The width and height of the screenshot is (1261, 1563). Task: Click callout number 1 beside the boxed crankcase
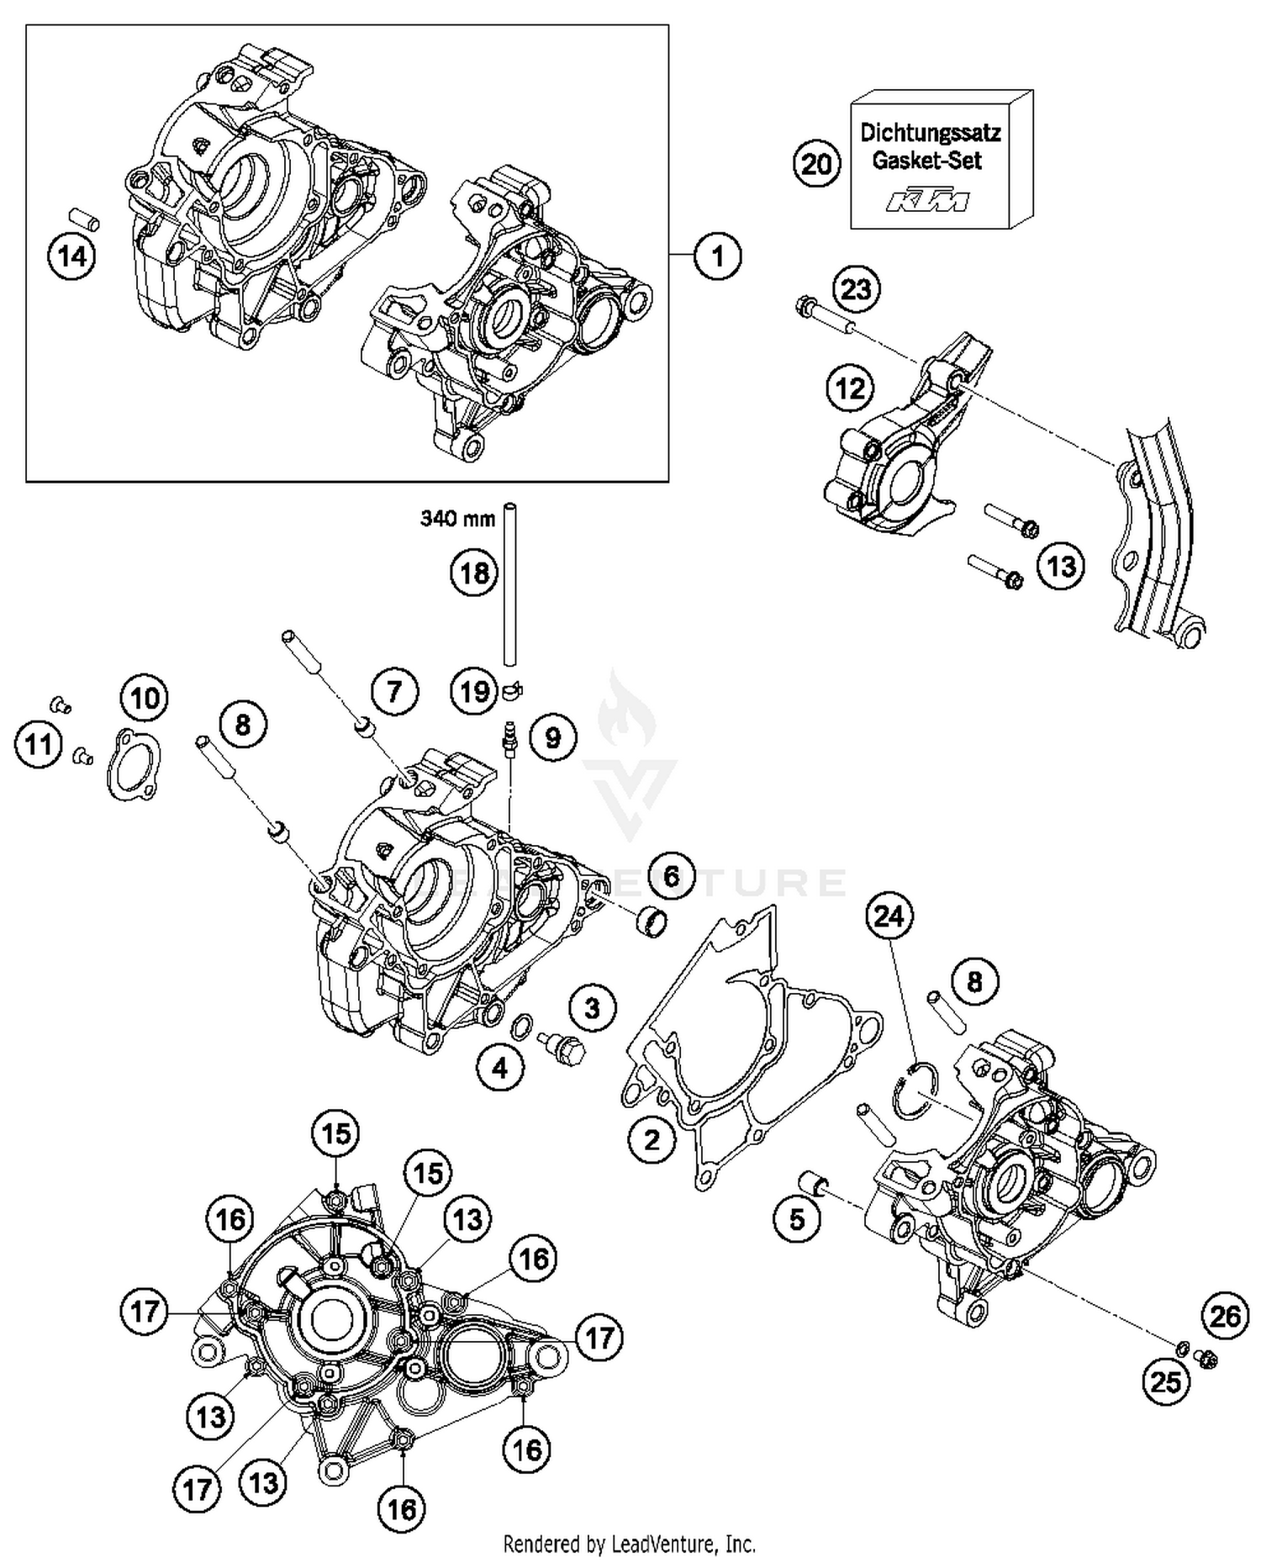point(717,255)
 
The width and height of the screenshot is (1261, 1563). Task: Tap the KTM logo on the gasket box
point(928,201)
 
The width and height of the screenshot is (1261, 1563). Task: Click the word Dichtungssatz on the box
point(930,133)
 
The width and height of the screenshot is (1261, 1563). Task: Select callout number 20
point(816,164)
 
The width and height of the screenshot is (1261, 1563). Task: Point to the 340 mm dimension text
point(457,519)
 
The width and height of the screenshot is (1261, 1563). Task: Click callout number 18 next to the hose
point(474,573)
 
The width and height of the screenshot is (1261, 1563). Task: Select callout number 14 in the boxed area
point(71,256)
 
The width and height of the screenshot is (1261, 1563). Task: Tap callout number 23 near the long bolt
point(856,290)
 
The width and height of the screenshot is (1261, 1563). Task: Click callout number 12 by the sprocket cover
point(850,388)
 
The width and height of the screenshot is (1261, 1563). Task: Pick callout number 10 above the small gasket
point(145,698)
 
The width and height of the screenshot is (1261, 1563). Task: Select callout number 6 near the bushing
point(671,876)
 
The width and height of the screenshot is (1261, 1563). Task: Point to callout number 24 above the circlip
point(889,915)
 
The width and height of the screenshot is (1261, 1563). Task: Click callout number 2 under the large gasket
point(652,1140)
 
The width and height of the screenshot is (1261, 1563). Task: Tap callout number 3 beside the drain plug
point(593,1007)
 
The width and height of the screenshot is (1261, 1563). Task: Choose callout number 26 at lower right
point(1225,1316)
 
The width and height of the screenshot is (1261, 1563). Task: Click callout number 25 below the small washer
point(1166,1381)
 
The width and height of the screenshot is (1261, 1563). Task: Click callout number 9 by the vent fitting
point(552,738)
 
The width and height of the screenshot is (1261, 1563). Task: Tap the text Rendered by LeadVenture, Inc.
point(629,1544)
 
